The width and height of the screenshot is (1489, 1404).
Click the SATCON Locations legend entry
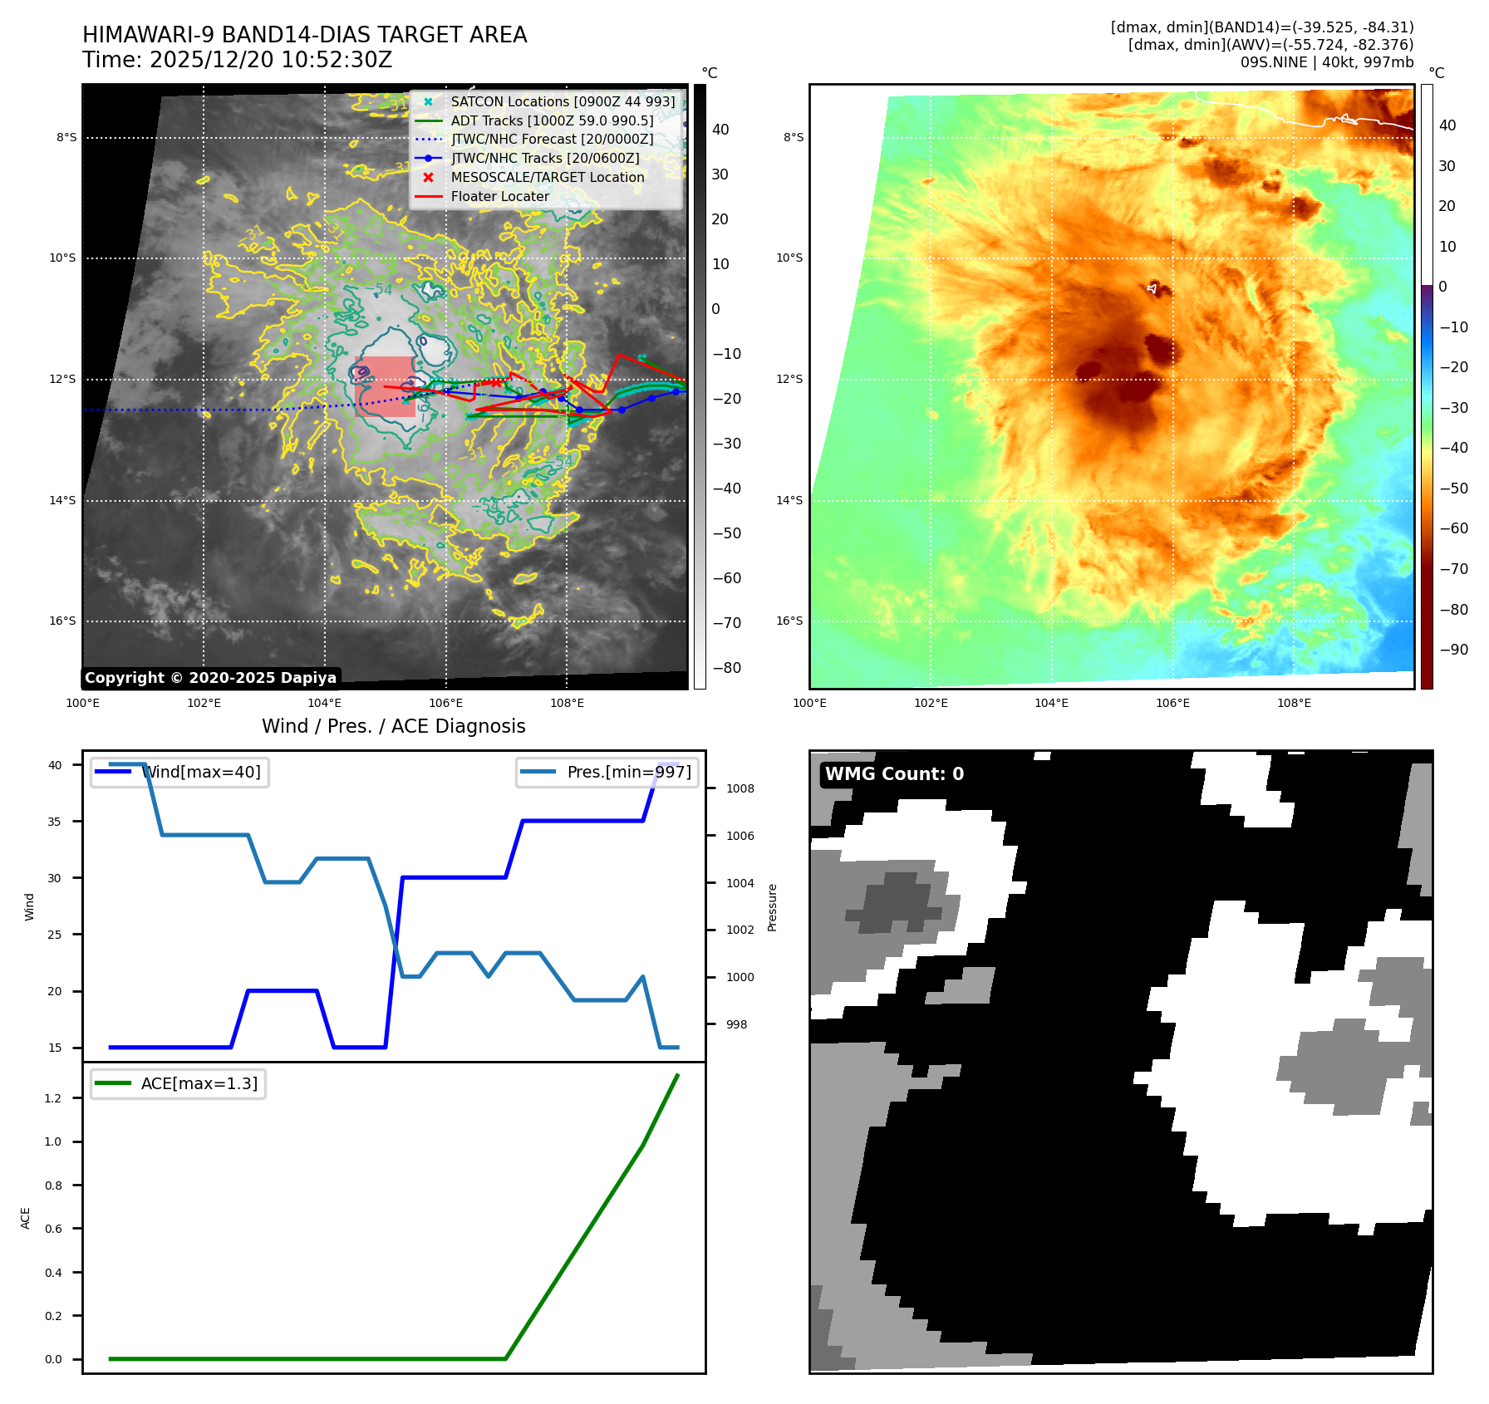563,101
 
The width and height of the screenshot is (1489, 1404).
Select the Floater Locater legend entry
499,197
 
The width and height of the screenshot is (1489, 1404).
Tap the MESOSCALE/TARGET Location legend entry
547,178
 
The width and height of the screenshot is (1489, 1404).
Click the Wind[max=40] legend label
201,773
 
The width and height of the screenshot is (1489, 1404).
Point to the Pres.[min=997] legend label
628,773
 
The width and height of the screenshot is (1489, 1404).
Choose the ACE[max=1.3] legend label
199,1084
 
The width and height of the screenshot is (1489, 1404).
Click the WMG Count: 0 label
894,774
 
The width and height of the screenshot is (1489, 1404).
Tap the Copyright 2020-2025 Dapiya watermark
210,678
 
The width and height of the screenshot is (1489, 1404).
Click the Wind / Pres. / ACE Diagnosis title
393,727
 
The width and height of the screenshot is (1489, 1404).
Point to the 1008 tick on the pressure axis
740,789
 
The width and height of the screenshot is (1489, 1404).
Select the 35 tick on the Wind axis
55,822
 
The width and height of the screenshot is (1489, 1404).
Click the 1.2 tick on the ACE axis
53,1098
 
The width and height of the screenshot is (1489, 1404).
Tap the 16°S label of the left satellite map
62,621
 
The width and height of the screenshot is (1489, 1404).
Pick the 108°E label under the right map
1294,704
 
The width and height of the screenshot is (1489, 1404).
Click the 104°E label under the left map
325,704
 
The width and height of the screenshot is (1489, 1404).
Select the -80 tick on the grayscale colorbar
726,668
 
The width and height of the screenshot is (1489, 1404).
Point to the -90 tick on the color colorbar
1453,650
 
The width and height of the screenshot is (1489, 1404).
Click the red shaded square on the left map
384,386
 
